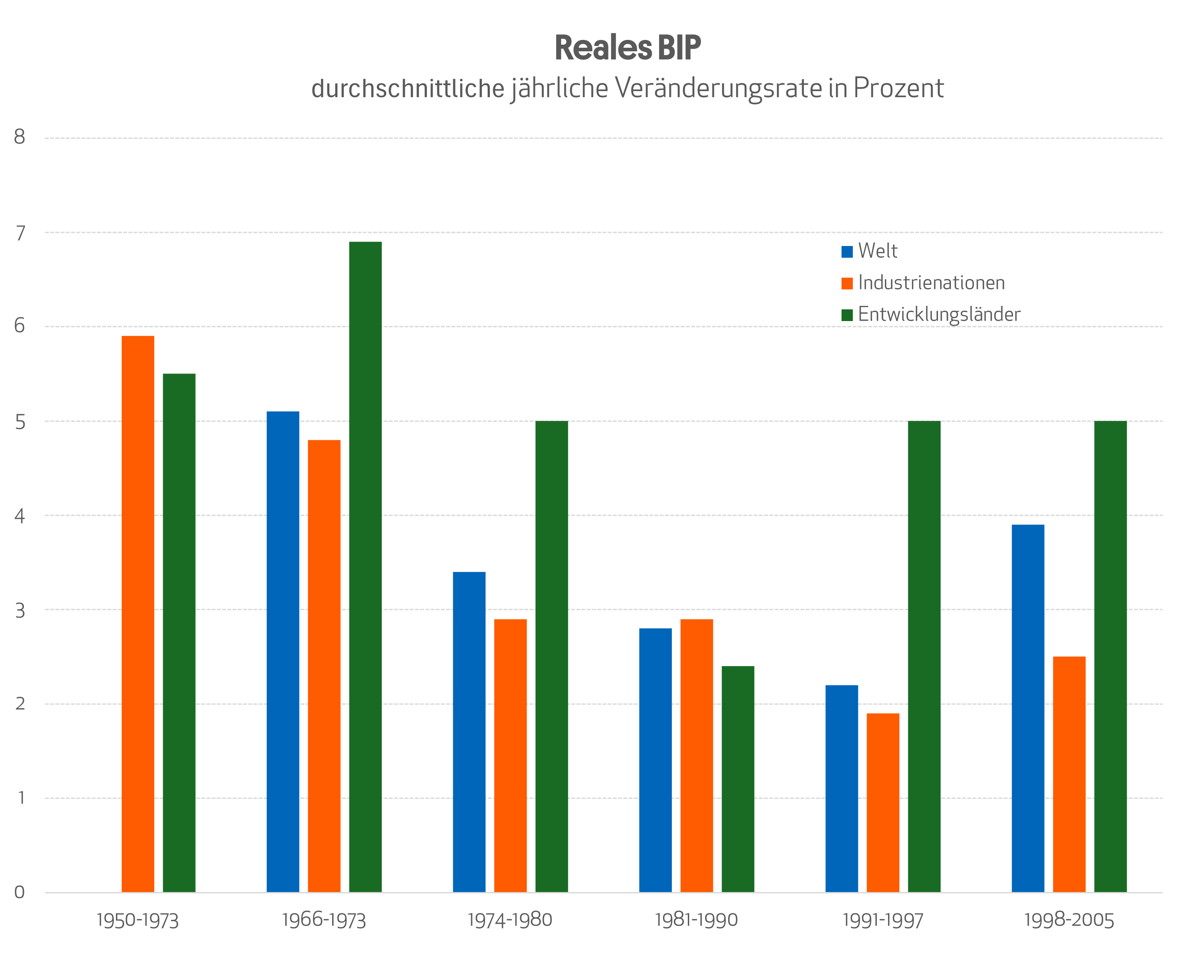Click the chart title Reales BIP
click(627, 48)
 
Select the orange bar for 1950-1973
click(138, 613)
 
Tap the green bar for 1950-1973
click(179, 632)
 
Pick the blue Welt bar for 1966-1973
click(283, 651)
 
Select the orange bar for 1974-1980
click(510, 755)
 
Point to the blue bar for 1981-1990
click(655, 759)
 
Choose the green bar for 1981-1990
click(738, 778)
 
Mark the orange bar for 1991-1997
click(883, 802)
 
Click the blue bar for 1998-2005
click(1028, 708)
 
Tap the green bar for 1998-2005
click(1110, 656)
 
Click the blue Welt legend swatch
click(846, 252)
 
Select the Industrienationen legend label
click(931, 283)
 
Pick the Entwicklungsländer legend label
click(939, 315)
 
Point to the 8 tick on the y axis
click(20, 138)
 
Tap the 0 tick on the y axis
click(20, 892)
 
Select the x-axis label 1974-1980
click(510, 920)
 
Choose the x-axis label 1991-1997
click(882, 920)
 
